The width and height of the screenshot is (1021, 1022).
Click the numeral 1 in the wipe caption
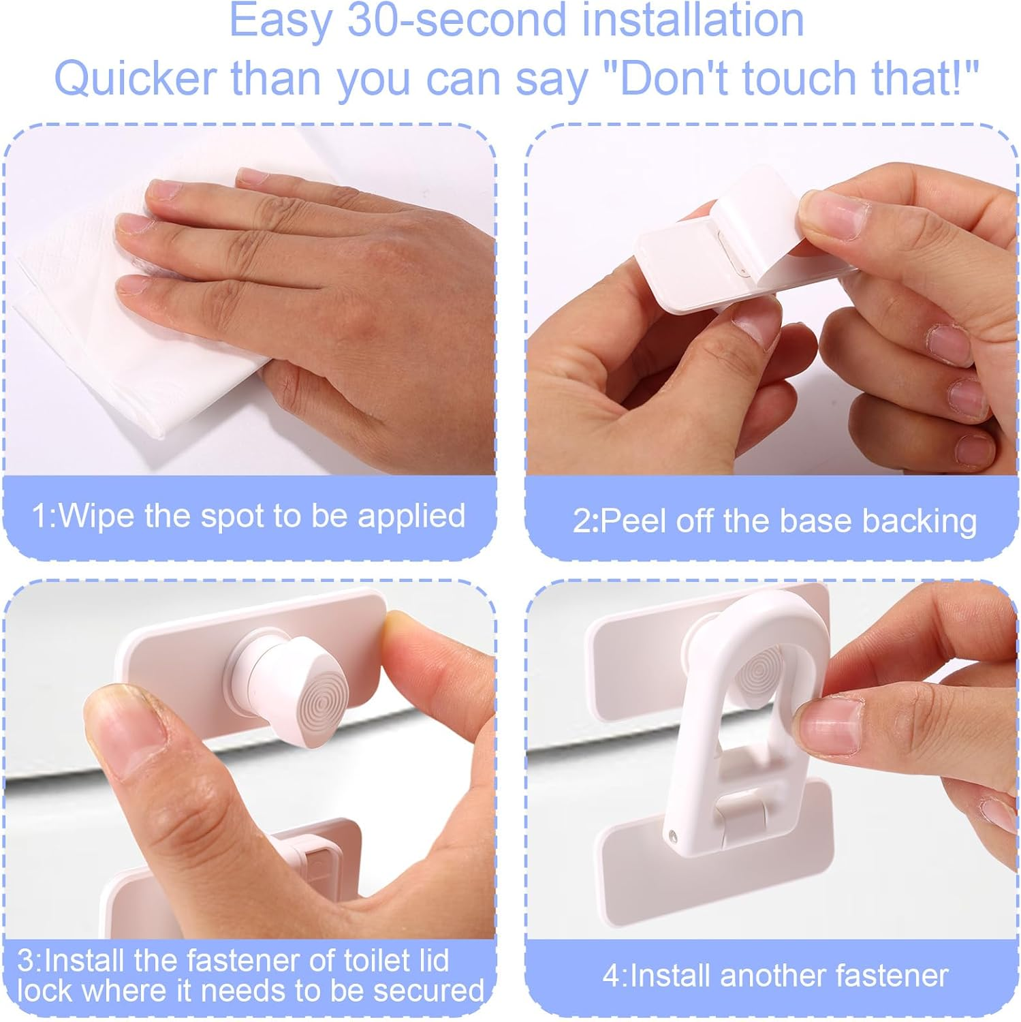pos(40,516)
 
